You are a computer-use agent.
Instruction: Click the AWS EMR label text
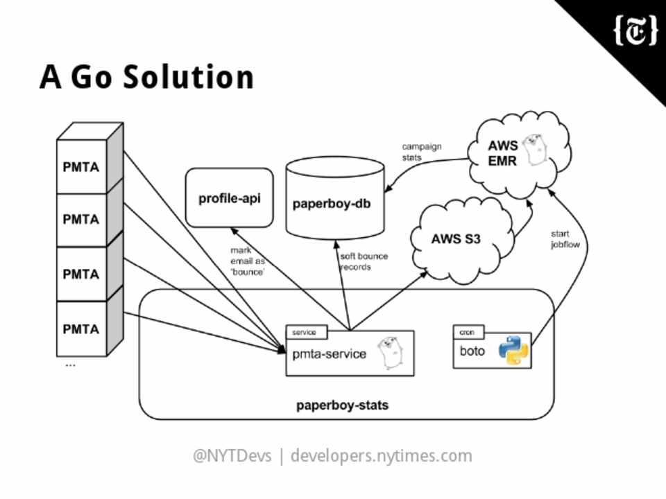point(502,153)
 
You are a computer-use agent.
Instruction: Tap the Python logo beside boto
point(513,350)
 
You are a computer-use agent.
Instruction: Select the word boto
point(472,351)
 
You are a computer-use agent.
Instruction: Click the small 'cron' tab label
point(468,333)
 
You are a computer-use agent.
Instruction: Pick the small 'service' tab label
point(304,333)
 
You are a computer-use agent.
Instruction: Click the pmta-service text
point(329,354)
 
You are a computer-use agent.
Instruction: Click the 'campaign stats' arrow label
point(421,152)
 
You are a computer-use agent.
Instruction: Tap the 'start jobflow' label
point(565,238)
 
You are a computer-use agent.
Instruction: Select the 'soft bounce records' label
point(364,261)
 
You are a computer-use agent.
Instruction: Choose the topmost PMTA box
point(81,167)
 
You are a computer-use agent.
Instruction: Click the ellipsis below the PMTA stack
point(70,365)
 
